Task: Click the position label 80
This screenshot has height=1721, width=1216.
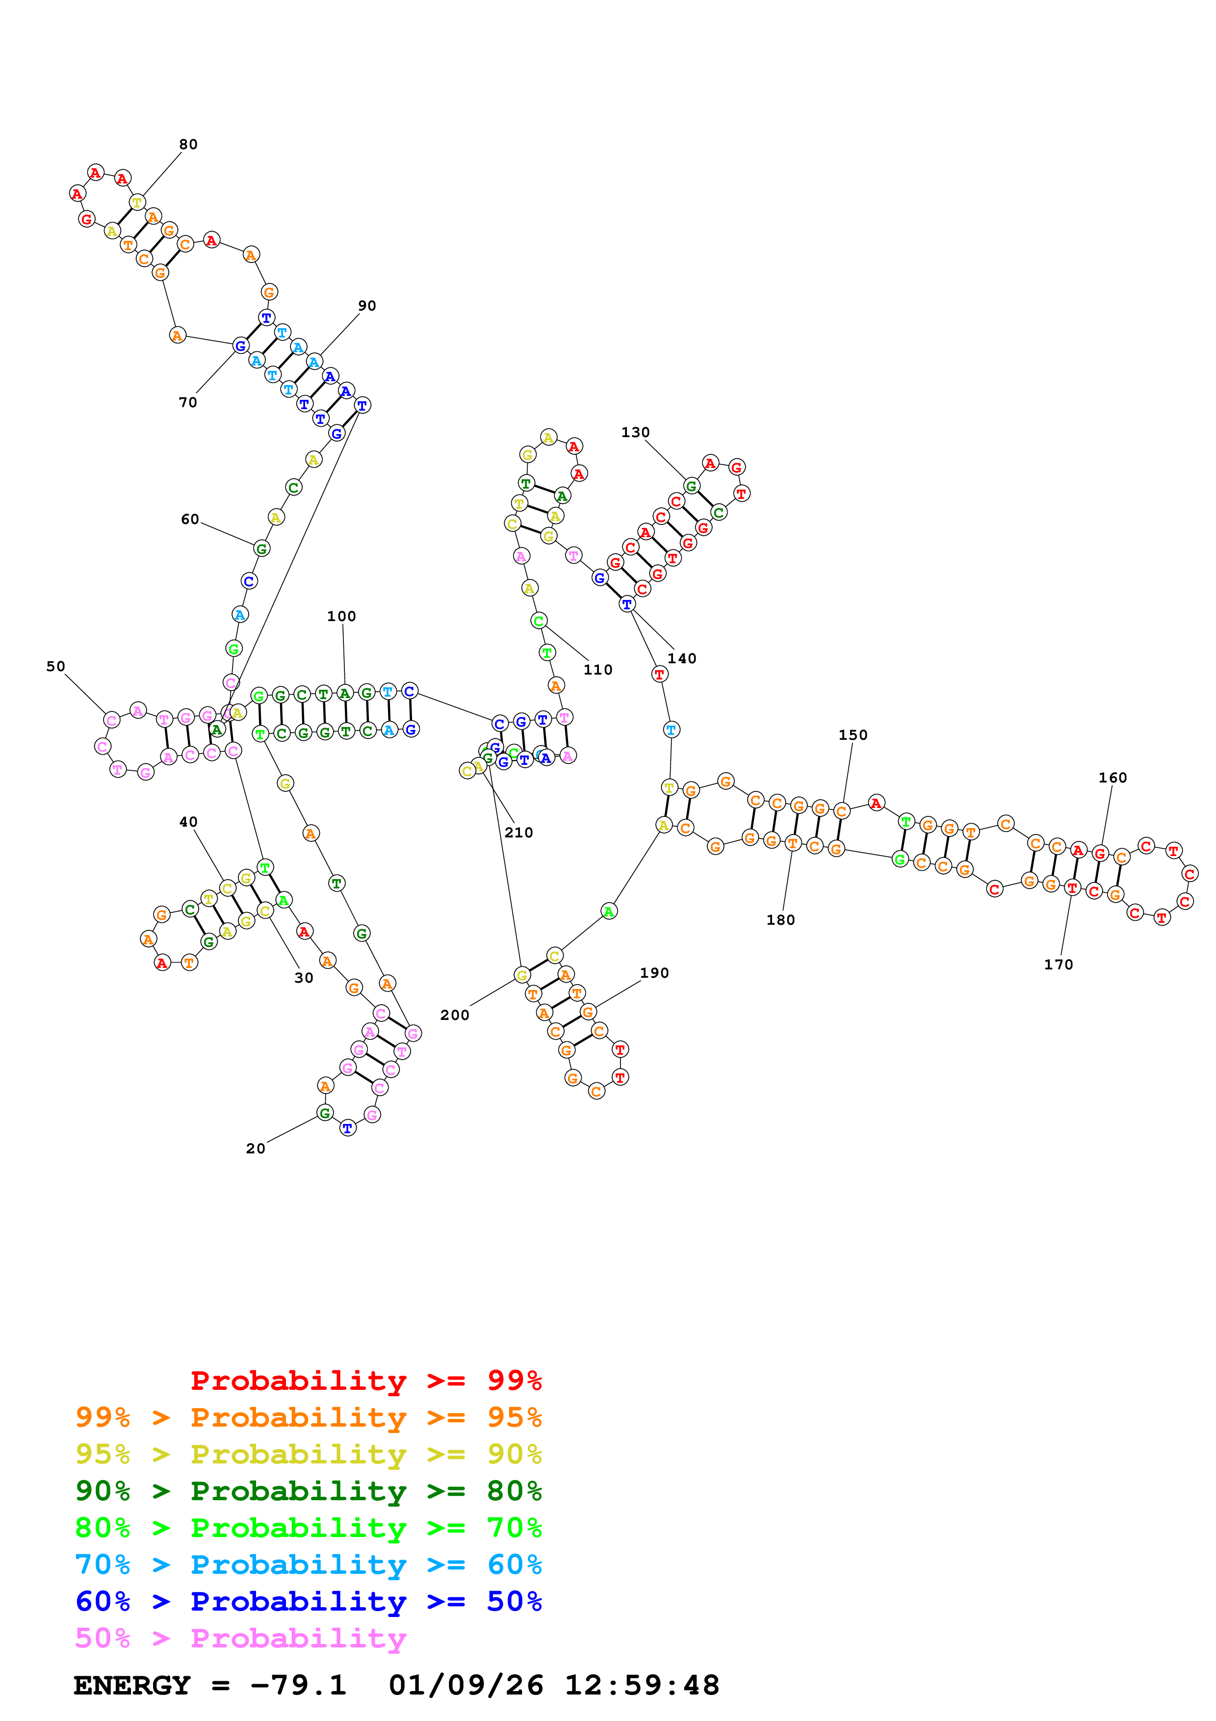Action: (188, 145)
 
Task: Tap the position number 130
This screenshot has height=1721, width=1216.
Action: (635, 433)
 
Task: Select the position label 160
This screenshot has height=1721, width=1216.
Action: (1113, 778)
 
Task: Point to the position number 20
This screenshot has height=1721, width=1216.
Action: (256, 1148)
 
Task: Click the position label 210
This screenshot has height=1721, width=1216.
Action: (518, 833)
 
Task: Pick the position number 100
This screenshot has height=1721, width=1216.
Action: (342, 617)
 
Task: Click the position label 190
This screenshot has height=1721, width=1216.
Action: (654, 973)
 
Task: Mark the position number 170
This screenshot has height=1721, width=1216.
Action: (1059, 965)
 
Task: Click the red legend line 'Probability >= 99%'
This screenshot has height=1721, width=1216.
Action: (365, 1381)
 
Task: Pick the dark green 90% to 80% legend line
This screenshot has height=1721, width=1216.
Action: (308, 1491)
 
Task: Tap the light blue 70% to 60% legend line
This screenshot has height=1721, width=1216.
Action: (308, 1565)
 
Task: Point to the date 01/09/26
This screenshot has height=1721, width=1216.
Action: (466, 1685)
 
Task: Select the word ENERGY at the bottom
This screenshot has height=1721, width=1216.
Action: (132, 1685)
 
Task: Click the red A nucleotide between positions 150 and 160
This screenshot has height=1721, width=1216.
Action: (876, 804)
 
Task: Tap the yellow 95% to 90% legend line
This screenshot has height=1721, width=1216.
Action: (308, 1454)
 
